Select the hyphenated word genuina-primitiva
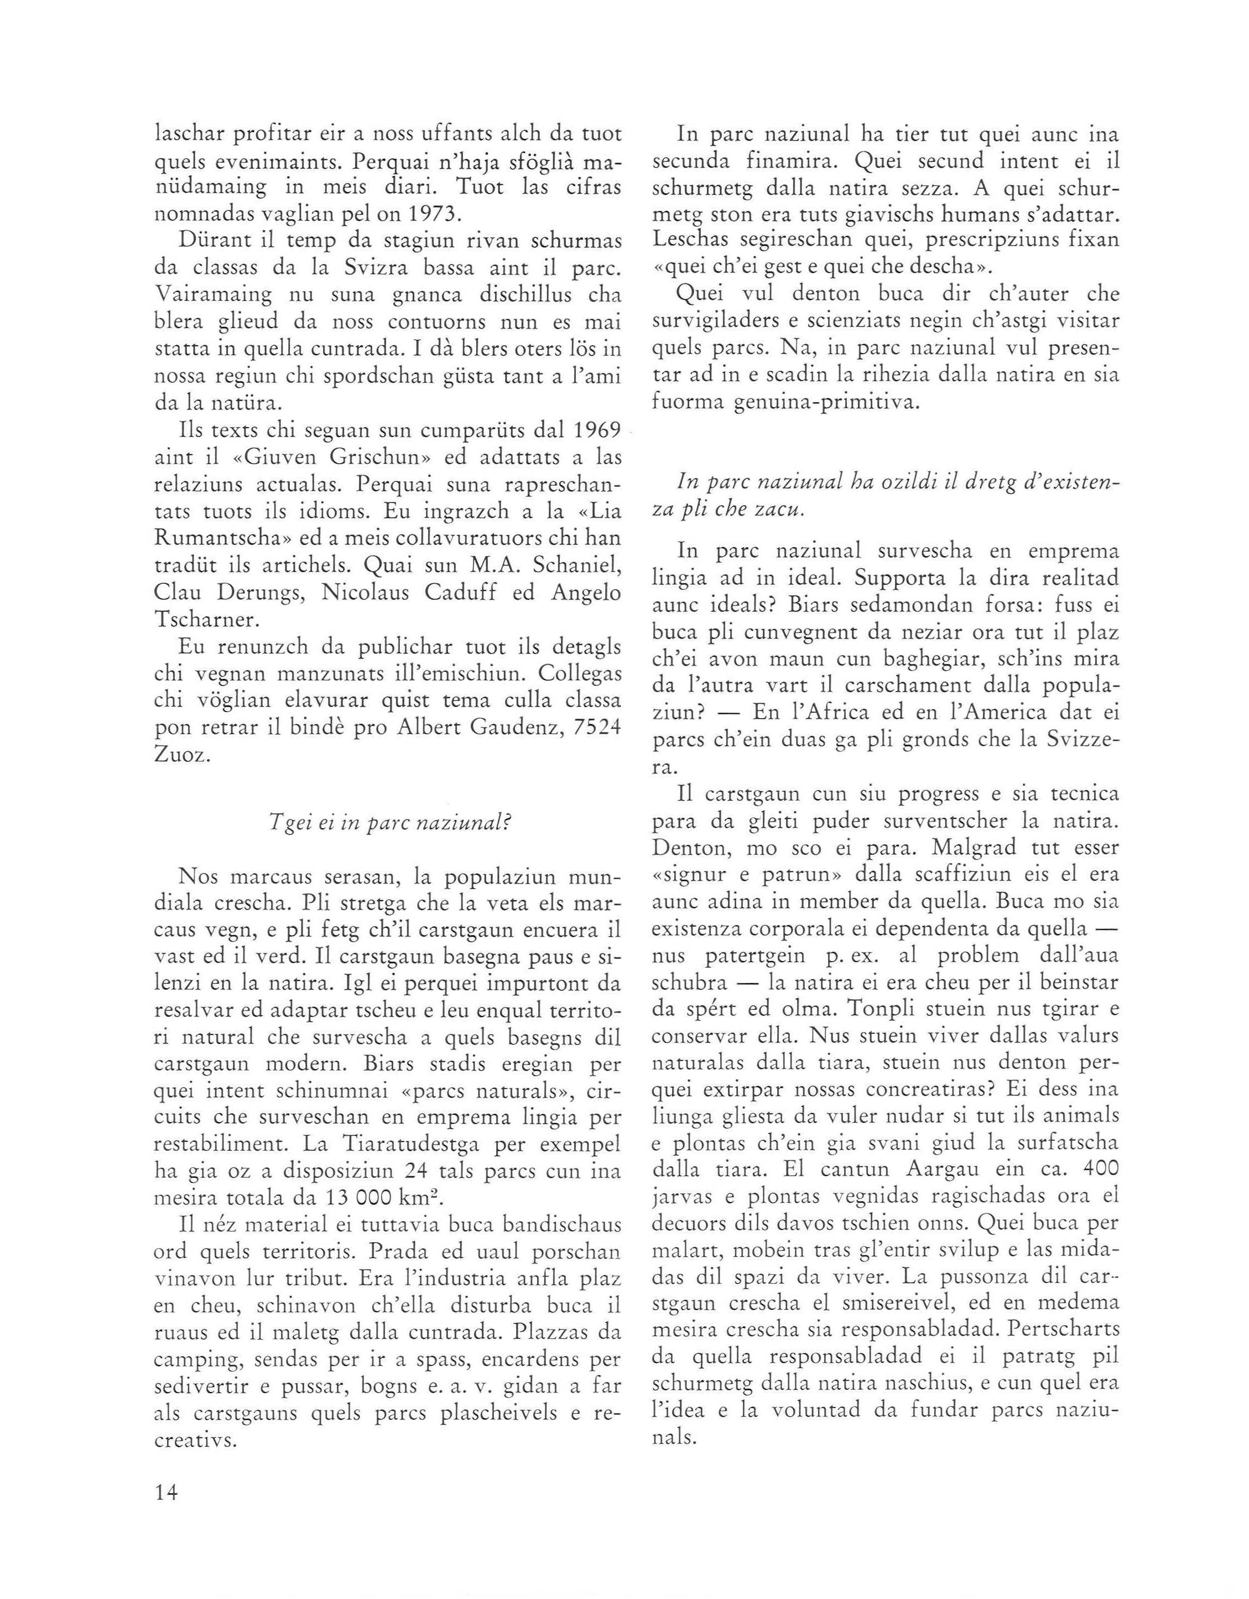point(819,402)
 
